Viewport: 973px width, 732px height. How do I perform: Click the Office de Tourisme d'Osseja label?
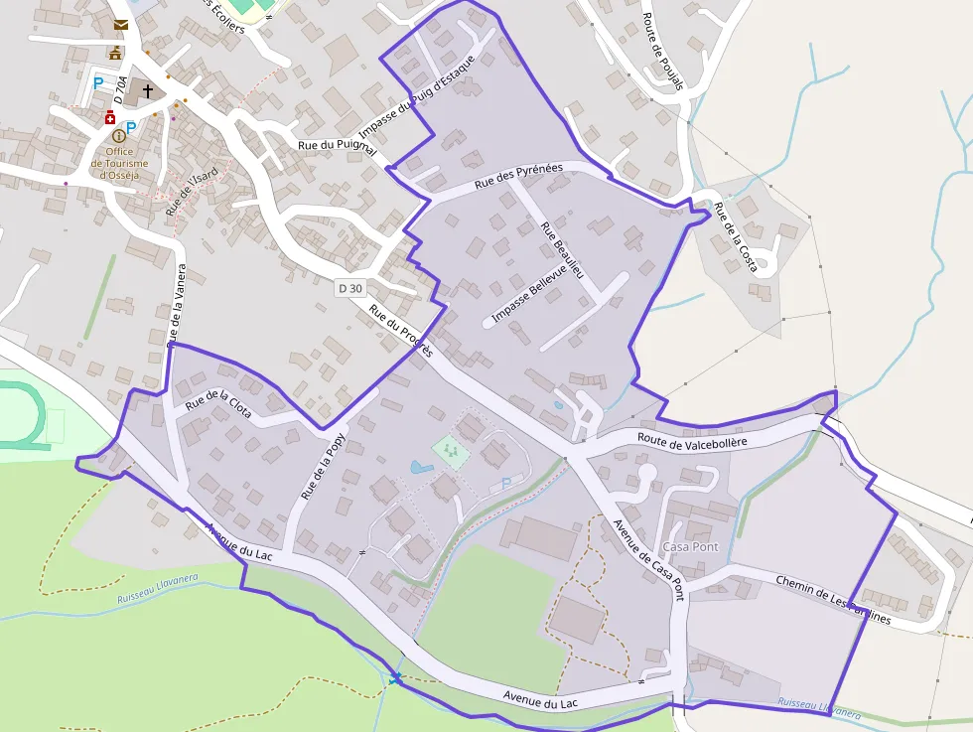[119, 163]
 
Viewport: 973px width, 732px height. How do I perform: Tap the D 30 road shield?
[350, 288]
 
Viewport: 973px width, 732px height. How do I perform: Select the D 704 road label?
[120, 90]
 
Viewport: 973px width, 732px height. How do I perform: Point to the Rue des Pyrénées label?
[518, 176]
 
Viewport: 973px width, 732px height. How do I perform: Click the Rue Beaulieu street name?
[562, 248]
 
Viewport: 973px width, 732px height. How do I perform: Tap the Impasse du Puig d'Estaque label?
[417, 96]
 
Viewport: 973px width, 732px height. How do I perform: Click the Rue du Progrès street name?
[400, 331]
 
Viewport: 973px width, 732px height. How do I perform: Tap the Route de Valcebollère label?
[692, 438]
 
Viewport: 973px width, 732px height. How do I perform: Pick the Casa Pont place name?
[690, 547]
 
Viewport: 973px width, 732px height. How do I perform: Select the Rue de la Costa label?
[736, 227]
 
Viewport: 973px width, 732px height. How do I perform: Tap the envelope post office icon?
[120, 24]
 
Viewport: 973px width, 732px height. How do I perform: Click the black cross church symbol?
[148, 90]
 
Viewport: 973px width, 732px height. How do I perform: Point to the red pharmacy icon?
[109, 117]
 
